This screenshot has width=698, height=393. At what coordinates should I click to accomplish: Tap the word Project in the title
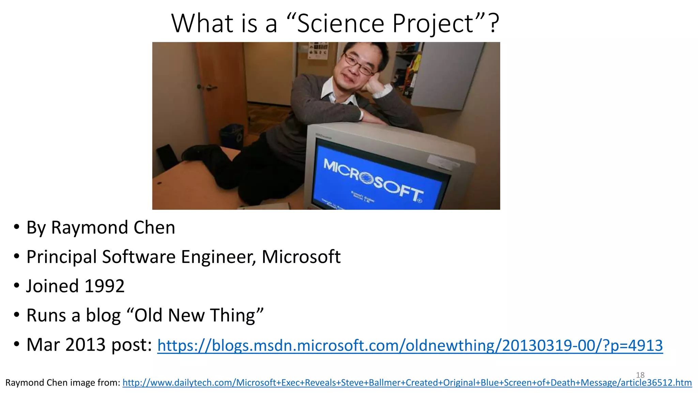click(x=433, y=24)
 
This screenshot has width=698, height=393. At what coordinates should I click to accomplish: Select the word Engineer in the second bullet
click(x=218, y=257)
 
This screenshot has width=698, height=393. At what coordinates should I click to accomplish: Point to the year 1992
click(x=104, y=286)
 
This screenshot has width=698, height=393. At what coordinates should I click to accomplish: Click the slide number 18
click(x=640, y=375)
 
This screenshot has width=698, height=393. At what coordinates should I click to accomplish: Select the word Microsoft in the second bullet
click(x=301, y=257)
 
